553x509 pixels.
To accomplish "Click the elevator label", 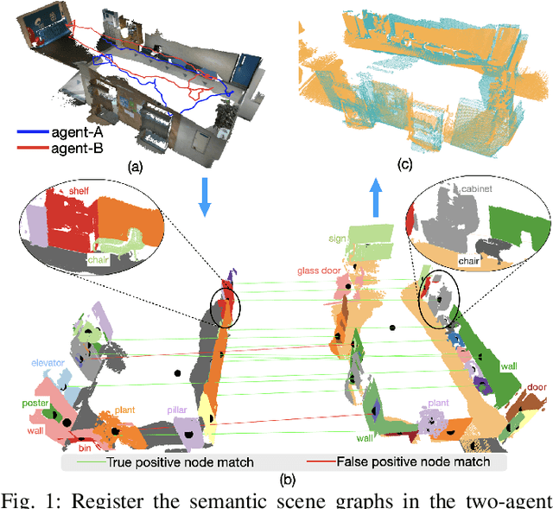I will (x=48, y=364).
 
